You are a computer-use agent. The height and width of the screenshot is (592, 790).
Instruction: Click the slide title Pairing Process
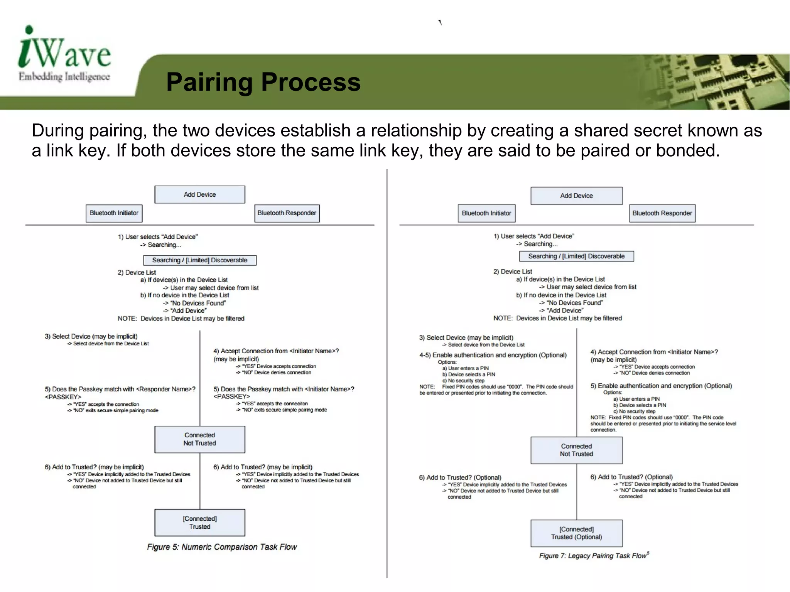point(263,82)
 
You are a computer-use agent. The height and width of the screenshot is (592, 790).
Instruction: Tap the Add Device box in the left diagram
point(199,194)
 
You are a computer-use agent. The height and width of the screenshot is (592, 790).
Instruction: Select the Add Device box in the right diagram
point(576,196)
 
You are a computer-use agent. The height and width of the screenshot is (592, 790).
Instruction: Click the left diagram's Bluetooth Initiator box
point(114,213)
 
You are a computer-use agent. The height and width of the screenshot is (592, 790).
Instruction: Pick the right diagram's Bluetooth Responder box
point(662,213)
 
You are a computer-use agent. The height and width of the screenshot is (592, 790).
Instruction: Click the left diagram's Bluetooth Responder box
point(287,213)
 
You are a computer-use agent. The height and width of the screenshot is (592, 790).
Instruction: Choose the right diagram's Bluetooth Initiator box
point(486,213)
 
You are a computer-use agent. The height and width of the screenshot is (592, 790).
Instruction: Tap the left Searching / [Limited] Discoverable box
point(199,260)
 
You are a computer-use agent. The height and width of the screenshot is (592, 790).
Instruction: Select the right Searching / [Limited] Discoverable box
point(576,256)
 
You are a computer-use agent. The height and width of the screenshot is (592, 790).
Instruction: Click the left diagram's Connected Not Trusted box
point(199,439)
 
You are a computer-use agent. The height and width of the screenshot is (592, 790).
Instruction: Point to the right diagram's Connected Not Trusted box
point(576,450)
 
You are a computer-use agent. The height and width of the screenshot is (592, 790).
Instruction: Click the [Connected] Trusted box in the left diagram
point(199,523)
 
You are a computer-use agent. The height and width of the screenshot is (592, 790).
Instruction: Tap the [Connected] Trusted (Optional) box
point(576,533)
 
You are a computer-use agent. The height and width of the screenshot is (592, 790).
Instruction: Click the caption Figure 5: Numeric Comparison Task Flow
point(222,547)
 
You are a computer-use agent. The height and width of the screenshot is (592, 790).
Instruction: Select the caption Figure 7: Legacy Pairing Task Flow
point(593,556)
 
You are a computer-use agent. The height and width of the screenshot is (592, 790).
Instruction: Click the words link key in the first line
point(64,150)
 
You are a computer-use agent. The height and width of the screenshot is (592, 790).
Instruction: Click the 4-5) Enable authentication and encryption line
point(493,355)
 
